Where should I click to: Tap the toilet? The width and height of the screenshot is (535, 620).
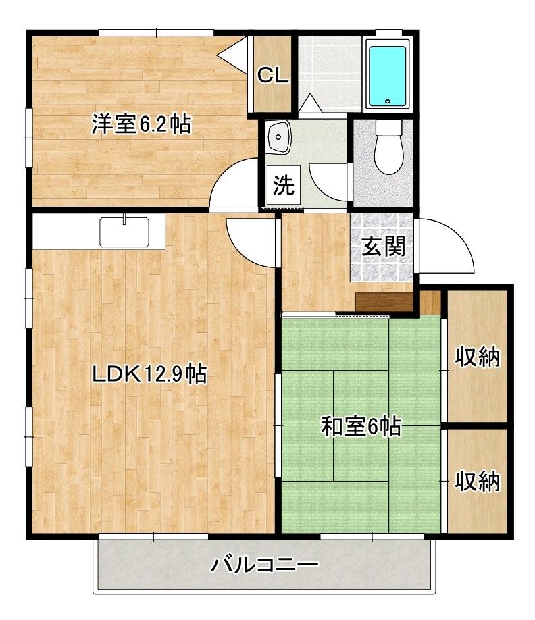point(388,147)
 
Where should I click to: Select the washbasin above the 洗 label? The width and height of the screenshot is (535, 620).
point(278,138)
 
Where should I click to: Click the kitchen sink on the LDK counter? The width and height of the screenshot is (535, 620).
point(124,232)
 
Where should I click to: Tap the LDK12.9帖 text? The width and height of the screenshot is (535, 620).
point(149,373)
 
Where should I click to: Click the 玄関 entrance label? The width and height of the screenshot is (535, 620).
point(383,247)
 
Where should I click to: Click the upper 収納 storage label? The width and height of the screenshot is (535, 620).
point(476,357)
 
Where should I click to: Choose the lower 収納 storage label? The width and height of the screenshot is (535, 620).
point(476,481)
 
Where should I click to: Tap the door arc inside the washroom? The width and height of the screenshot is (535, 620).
point(329,181)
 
